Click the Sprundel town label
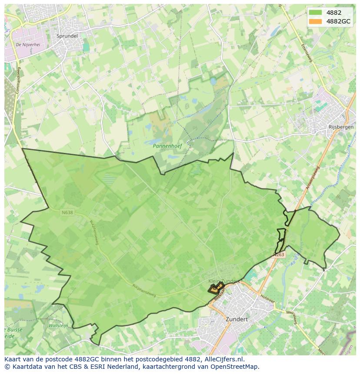67,36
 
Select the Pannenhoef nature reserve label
167,146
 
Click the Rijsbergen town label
340,128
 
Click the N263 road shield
279,255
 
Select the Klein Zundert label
224,281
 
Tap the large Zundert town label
237,319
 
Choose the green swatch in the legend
316,13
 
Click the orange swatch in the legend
316,21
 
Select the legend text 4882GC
338,21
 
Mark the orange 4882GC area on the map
215,288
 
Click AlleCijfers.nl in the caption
225,359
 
